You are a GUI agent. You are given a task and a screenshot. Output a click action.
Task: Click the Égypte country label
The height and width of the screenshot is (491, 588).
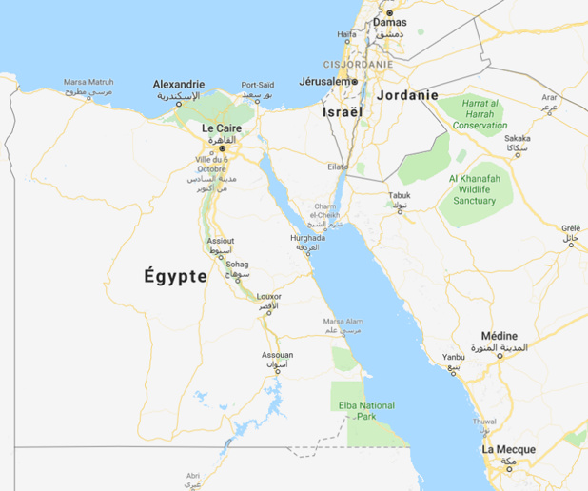pos(175,277)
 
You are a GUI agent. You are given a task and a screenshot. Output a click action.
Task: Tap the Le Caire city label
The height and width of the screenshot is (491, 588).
pos(221,128)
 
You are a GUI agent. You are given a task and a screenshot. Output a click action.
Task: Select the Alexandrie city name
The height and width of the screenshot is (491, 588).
pos(179,84)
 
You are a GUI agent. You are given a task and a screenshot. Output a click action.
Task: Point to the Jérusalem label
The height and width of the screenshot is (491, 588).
pos(325,82)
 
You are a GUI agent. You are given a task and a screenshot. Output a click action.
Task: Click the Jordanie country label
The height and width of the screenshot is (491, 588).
pos(407,95)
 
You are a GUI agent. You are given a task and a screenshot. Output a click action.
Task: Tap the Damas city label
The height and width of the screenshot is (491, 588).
pos(389,22)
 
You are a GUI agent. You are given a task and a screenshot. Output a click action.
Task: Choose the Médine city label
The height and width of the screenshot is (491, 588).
pos(500,336)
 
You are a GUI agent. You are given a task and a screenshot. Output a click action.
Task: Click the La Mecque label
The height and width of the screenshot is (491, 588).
pos(508,449)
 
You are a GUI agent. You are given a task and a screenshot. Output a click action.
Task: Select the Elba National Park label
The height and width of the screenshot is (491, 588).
pos(366,411)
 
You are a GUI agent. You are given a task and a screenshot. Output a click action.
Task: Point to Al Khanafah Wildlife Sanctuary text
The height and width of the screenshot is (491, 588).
pos(480,188)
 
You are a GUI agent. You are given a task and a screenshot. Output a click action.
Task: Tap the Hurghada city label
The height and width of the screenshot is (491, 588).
pos(307,238)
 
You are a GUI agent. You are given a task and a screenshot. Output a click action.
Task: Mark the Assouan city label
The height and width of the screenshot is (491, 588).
pos(278,355)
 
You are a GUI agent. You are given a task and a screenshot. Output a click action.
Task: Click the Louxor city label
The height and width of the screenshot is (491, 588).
pos(269,296)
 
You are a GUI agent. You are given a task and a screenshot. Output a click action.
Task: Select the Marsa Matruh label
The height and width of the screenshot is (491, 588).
pos(88,83)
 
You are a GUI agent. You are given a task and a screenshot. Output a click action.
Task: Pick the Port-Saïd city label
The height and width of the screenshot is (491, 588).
pos(258,85)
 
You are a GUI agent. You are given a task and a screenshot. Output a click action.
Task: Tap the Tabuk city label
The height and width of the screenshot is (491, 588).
pos(400,195)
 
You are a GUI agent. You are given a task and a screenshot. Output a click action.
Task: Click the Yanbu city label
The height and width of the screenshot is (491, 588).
pos(454,357)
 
